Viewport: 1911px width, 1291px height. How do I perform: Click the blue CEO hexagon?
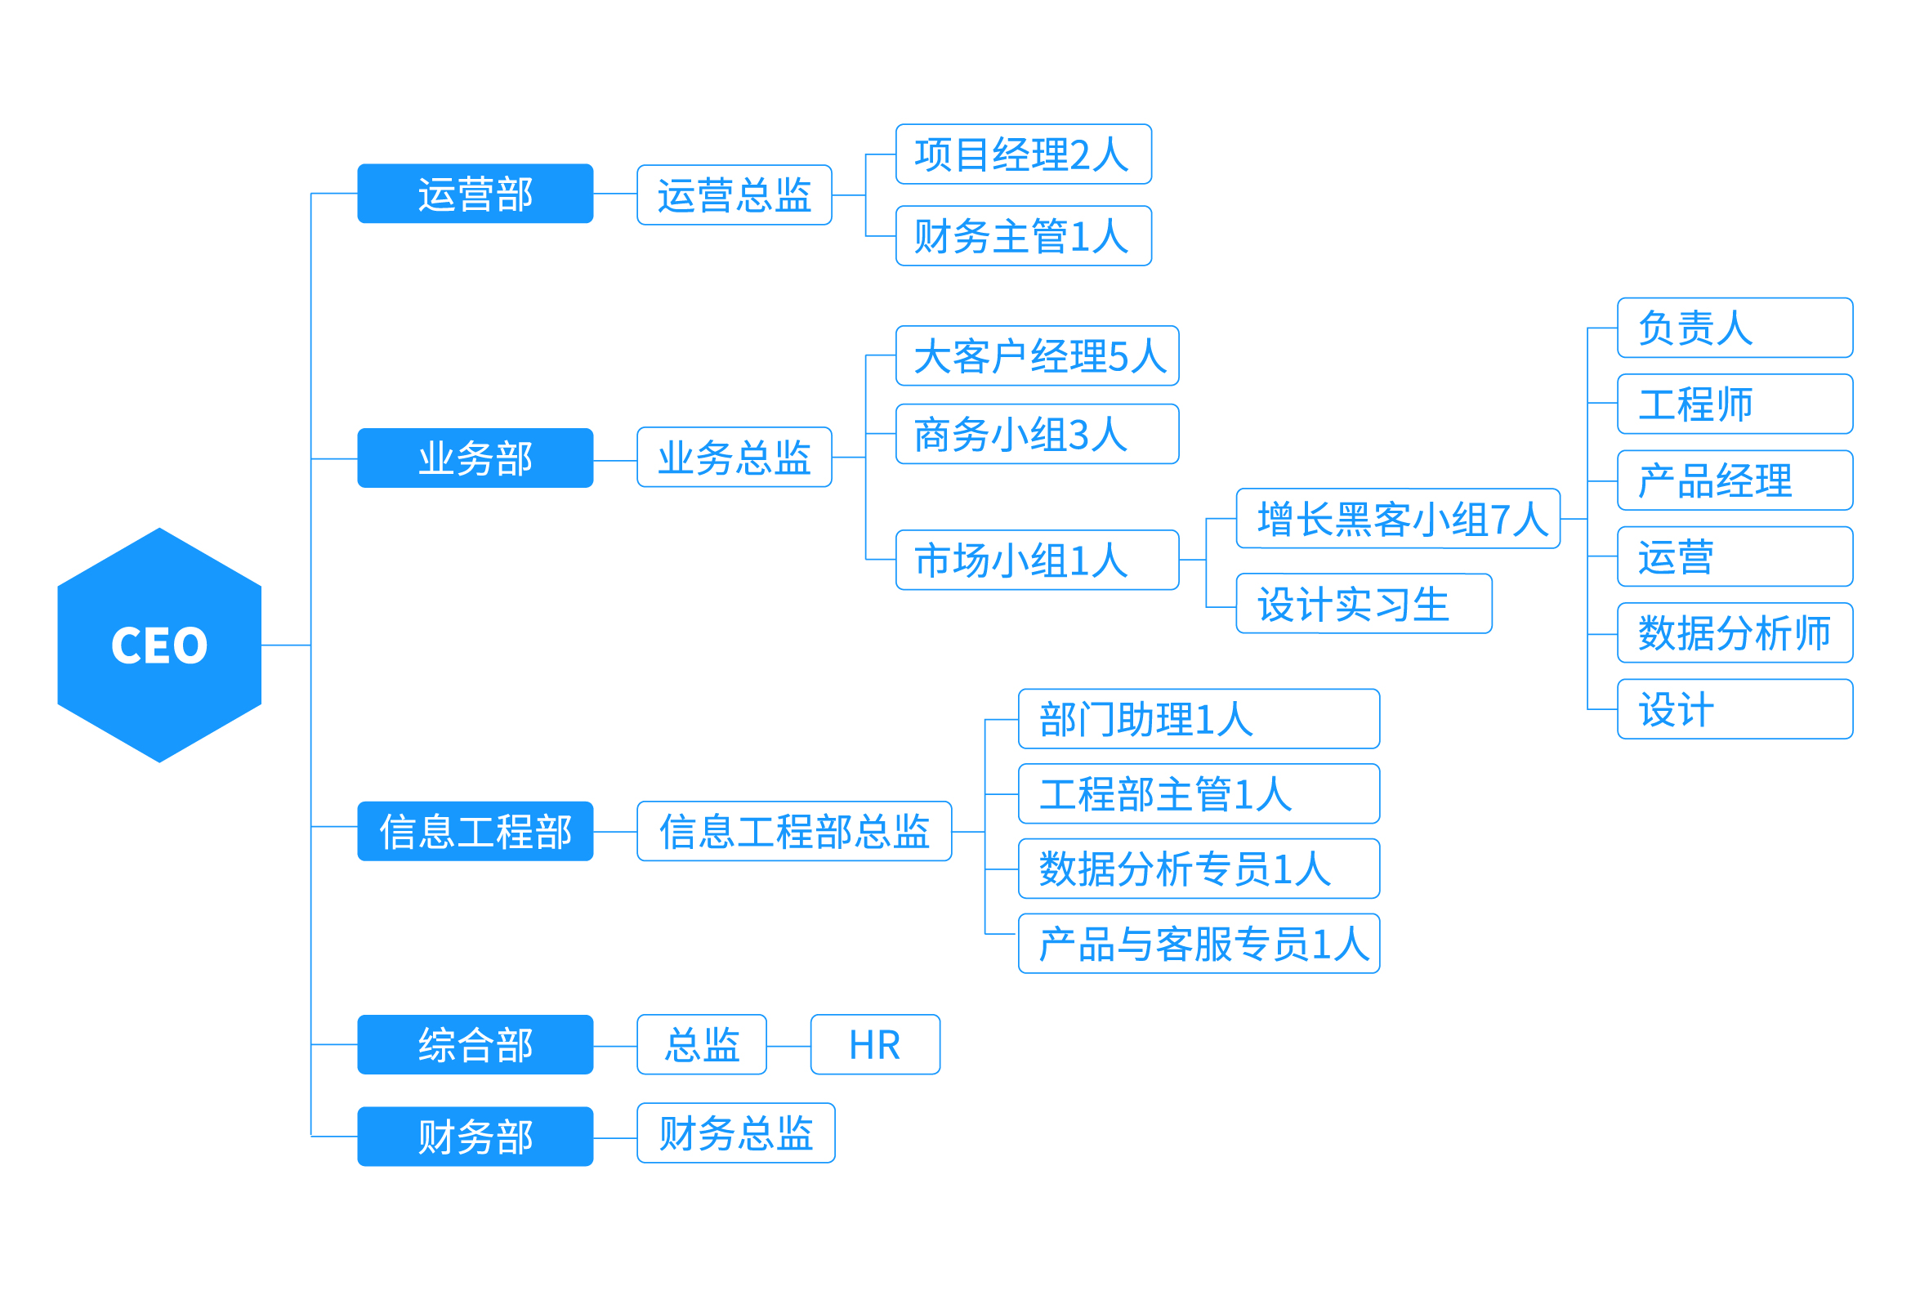[159, 645]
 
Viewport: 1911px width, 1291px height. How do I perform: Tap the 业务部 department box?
[476, 458]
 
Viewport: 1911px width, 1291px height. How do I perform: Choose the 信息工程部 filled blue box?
[476, 830]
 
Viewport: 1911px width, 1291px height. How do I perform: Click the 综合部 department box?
[476, 1044]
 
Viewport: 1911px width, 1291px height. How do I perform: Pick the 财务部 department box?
[476, 1137]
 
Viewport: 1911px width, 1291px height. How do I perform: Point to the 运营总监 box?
[734, 195]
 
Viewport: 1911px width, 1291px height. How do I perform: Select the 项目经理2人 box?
[1024, 154]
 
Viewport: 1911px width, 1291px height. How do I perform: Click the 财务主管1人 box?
[1024, 236]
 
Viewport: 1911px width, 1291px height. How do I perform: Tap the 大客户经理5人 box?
[1038, 355]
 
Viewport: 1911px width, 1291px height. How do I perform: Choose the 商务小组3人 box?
[1038, 434]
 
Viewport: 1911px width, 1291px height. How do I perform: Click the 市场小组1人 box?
[1038, 560]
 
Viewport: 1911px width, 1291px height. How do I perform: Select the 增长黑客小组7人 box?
[1399, 518]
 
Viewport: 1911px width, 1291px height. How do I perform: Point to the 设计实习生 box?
[1364, 604]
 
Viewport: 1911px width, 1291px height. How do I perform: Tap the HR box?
[876, 1044]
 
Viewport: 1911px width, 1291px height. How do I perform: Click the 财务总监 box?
[736, 1133]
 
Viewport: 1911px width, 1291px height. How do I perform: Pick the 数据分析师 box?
[1735, 632]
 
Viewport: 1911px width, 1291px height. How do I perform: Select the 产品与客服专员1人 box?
[1199, 943]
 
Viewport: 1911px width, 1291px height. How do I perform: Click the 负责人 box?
[1735, 328]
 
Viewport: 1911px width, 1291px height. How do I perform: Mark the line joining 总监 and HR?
[788, 1046]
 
